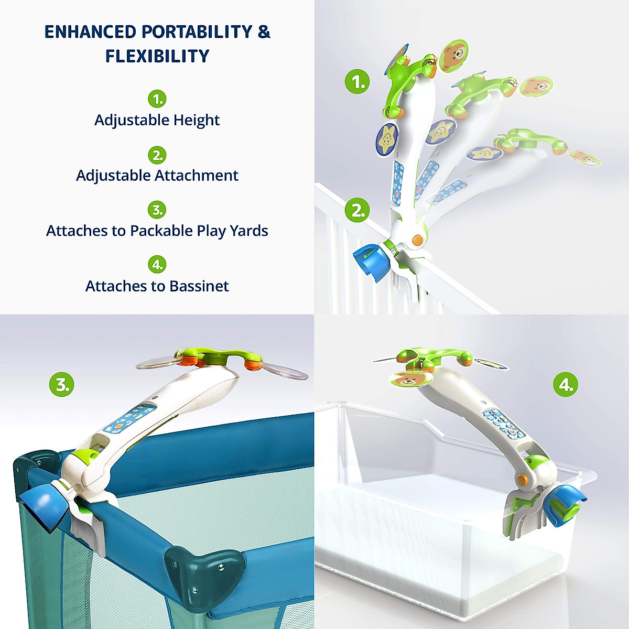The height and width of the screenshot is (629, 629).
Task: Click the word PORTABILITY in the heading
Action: pyautogui.click(x=197, y=32)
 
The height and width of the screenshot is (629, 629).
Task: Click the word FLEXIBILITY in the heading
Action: pyautogui.click(x=157, y=56)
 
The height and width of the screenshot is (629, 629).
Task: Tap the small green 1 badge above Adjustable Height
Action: pyautogui.click(x=157, y=99)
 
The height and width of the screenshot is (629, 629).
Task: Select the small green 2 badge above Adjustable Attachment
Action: pyautogui.click(x=157, y=155)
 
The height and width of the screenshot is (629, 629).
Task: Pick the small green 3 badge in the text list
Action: pyautogui.click(x=157, y=210)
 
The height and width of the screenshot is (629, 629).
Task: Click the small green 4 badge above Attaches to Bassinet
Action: pyautogui.click(x=157, y=264)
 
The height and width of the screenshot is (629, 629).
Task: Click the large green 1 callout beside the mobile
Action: pyautogui.click(x=357, y=82)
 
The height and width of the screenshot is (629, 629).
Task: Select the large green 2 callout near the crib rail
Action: pyautogui.click(x=357, y=210)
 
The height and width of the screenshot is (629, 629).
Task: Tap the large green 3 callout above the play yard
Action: pyautogui.click(x=62, y=384)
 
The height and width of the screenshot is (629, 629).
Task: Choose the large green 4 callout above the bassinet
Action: pyautogui.click(x=566, y=385)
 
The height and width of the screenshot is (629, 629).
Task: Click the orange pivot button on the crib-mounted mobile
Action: pyautogui.click(x=417, y=241)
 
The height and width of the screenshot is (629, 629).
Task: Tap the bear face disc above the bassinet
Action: pyautogui.click(x=410, y=378)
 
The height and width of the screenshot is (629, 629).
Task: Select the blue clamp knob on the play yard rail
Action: pyautogui.click(x=45, y=506)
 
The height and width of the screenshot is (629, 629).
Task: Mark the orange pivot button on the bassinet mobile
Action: pyautogui.click(x=522, y=479)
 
